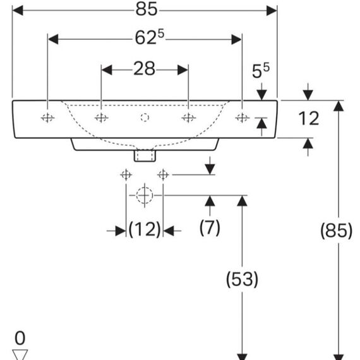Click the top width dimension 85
[x=147, y=9]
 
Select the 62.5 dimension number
[x=150, y=37]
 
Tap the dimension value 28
[x=144, y=68]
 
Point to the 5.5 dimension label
[x=261, y=71]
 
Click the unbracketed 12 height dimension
[x=309, y=118]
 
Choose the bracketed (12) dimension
[x=145, y=229]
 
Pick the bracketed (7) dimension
[x=210, y=227]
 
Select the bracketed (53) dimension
[x=243, y=279]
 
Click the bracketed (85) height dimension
[x=336, y=231]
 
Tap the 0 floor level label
[x=20, y=338]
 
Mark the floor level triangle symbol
[x=20, y=354]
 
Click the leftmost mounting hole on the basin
[x=47, y=118]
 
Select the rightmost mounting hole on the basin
[x=243, y=118]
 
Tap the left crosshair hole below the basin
[x=126, y=175]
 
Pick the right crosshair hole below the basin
[x=163, y=175]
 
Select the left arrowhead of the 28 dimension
[x=107, y=70]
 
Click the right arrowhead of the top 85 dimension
[x=272, y=11]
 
